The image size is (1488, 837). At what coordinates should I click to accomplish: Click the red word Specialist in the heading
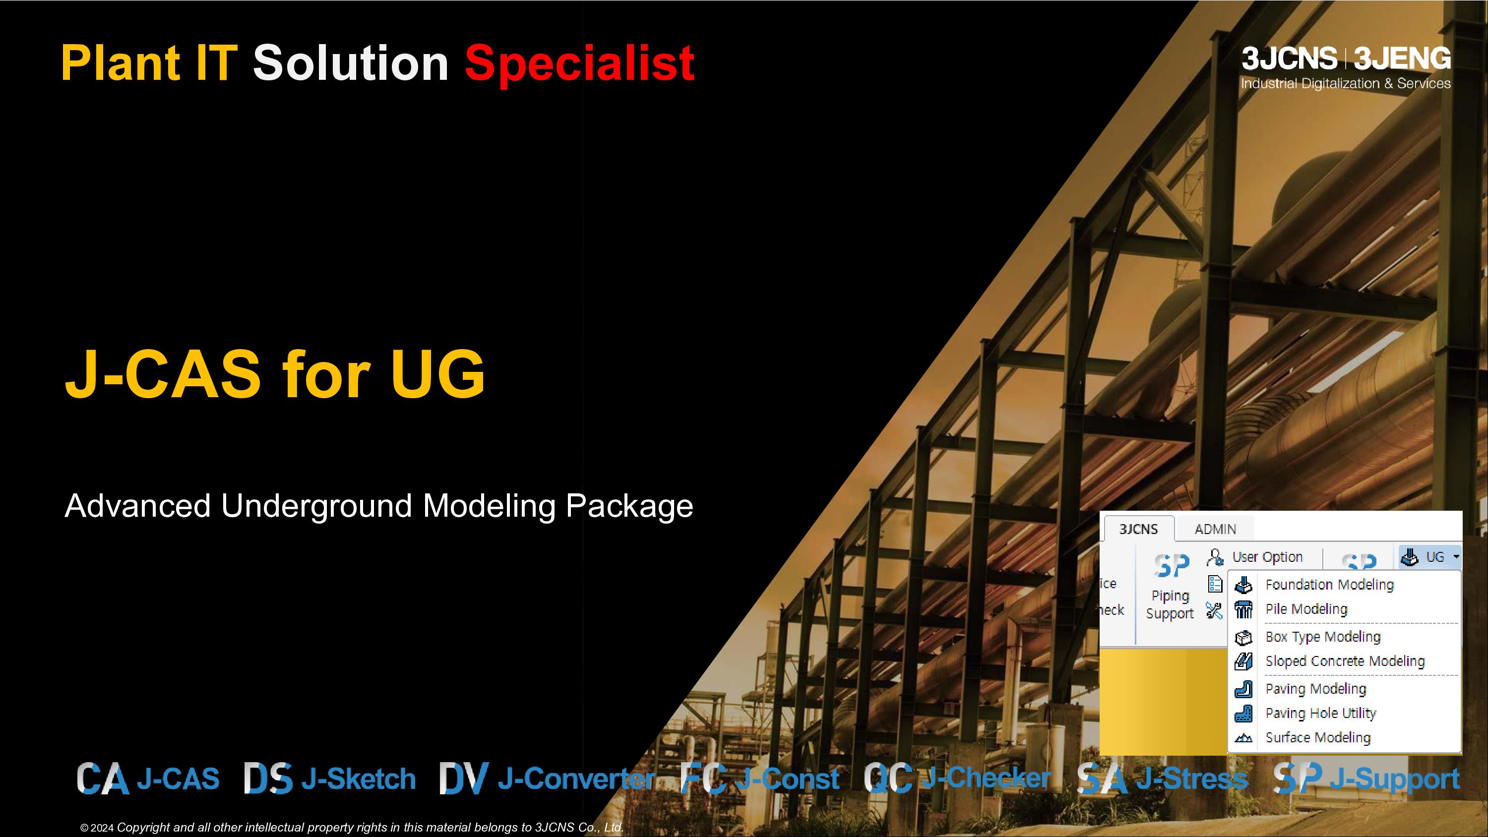579,63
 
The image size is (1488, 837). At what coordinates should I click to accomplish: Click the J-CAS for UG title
275,374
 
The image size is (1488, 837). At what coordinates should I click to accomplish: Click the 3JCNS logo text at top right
1289,59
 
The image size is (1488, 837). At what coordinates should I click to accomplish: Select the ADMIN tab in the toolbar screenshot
1215,529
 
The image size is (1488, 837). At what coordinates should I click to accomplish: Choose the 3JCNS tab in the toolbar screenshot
1138,529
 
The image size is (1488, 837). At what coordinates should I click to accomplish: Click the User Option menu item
1267,557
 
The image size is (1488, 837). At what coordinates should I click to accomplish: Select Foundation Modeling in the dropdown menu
1330,585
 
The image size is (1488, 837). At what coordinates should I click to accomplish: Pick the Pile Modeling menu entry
1306,609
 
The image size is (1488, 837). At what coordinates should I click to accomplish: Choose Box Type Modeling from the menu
1323,637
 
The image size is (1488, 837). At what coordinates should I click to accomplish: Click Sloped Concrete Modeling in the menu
1345,661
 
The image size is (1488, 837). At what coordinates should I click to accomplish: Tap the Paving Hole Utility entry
1321,713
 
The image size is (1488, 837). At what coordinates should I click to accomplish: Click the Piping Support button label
1170,604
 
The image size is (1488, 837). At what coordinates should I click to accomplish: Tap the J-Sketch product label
358,778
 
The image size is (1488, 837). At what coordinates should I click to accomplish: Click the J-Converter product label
576,778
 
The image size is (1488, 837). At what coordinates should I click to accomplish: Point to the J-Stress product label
1192,778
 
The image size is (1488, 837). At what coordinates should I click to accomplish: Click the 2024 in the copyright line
102,828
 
